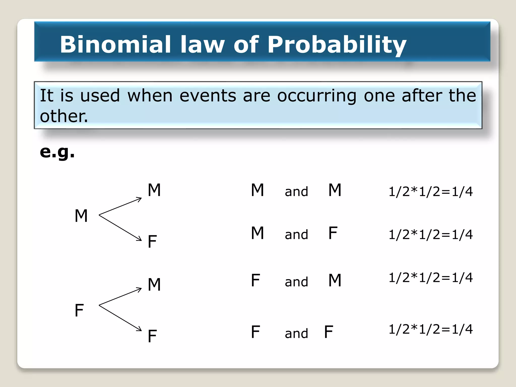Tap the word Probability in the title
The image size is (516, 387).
[337, 45]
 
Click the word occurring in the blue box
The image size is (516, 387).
[317, 96]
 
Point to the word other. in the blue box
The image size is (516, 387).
[64, 116]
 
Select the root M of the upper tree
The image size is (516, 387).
[81, 216]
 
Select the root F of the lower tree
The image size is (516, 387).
[79, 310]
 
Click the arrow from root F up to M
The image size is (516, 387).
[120, 297]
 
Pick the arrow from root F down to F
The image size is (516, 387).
[120, 318]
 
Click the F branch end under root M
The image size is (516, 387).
[152, 241]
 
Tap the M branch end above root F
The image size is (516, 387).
[154, 284]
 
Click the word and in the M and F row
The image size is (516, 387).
[296, 235]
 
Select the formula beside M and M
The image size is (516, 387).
[431, 191]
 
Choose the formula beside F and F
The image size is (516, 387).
[431, 329]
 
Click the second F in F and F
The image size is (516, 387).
[329, 332]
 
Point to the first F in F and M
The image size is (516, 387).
[255, 280]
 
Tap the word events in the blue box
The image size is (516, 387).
[208, 96]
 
